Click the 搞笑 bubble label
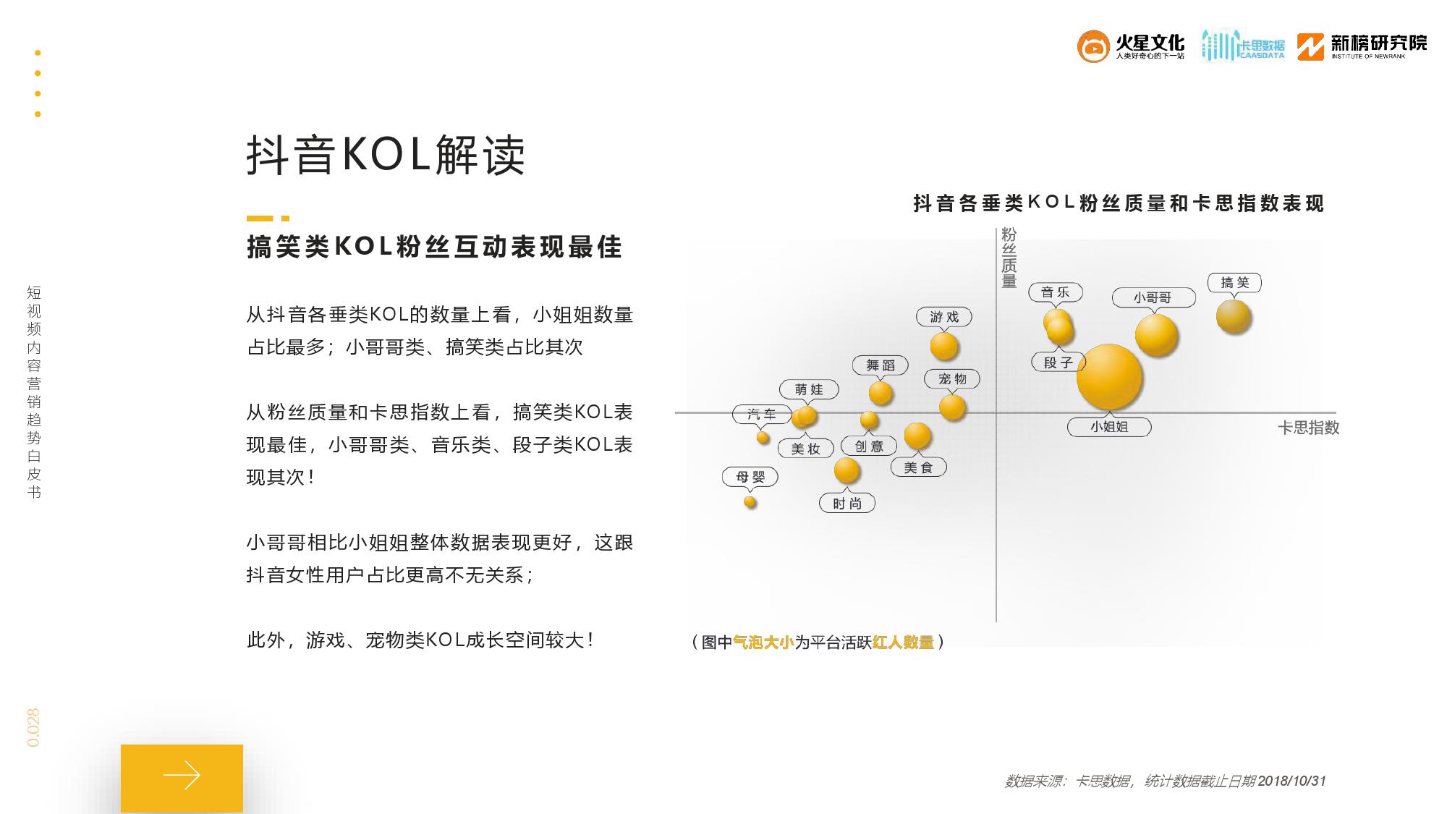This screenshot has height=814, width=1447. click(1234, 283)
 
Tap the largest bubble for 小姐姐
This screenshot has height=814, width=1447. click(1109, 377)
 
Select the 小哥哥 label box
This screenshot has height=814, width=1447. click(1153, 297)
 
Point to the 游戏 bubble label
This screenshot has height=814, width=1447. click(944, 317)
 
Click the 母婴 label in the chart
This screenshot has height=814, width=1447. click(750, 477)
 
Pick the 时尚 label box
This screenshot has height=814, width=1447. click(847, 503)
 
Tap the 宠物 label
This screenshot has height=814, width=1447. click(952, 379)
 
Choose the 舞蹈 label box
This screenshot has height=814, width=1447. click(880, 365)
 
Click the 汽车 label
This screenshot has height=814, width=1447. click(761, 414)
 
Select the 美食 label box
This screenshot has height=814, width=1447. click(918, 467)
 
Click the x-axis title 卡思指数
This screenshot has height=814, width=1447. click(1309, 428)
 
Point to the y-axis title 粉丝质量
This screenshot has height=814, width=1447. click(1009, 258)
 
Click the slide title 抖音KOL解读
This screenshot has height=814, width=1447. click(386, 154)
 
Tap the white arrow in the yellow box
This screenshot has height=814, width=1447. click(182, 775)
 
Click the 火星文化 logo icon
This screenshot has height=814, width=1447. click(1093, 46)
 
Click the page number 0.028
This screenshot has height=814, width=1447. click(33, 728)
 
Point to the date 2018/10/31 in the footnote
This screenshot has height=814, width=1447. click(1291, 781)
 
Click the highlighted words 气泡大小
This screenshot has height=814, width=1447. click(763, 642)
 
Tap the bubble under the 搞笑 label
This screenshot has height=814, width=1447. click(1234, 316)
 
